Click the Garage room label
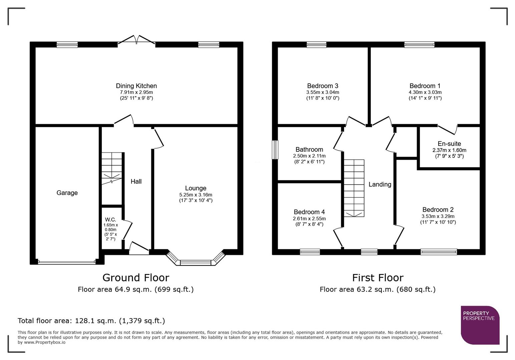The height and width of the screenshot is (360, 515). click(x=67, y=193)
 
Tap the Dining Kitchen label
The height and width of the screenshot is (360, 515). click(x=136, y=86)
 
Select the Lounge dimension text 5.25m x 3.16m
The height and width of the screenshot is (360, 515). click(x=195, y=195)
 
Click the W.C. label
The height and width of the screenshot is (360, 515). click(x=110, y=220)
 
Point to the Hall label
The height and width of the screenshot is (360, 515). click(x=136, y=181)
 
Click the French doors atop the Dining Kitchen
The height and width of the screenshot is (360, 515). click(x=136, y=40)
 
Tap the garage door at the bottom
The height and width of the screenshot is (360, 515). click(x=67, y=262)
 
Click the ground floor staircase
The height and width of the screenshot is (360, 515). click(x=112, y=168)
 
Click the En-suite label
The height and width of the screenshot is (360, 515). click(x=449, y=144)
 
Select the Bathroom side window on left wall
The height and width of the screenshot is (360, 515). click(x=275, y=150)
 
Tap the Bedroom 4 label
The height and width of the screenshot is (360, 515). click(x=309, y=212)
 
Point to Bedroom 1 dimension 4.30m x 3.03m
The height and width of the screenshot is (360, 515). click(x=425, y=92)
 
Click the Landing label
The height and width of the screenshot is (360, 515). click(x=380, y=184)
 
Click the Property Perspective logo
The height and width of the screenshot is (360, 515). click(x=480, y=325)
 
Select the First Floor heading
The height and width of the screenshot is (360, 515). click(x=378, y=278)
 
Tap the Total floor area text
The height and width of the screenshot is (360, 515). click(x=91, y=321)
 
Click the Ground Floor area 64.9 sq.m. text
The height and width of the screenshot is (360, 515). click(x=136, y=289)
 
